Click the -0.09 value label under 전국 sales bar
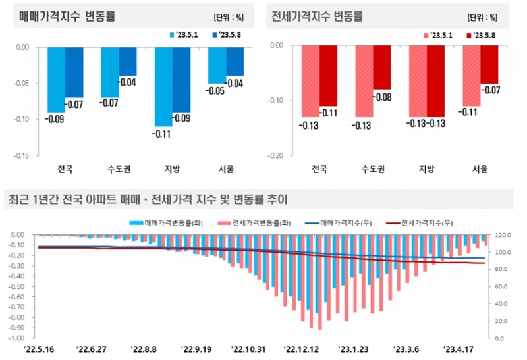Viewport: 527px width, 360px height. tap(54, 119)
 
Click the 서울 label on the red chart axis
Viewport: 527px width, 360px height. tap(480, 169)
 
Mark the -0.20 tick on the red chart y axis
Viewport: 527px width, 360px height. tap(275, 156)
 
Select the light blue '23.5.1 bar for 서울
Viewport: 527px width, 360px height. tap(217, 65)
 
